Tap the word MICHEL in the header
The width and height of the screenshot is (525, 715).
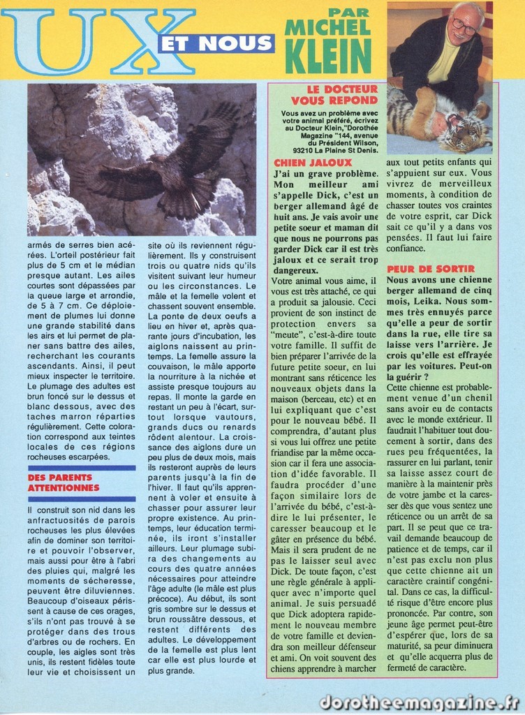328,27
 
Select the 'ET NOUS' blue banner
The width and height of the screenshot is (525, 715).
216,43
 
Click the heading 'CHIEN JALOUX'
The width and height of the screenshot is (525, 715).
303,162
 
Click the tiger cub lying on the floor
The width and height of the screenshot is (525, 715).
447,119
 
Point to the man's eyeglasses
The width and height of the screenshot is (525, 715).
464,26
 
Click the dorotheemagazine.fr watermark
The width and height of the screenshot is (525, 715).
419,702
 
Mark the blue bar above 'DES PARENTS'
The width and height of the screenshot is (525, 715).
82,468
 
